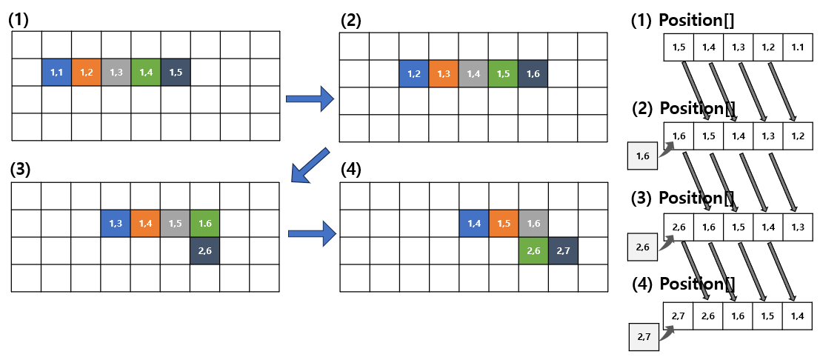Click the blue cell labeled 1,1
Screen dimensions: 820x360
coord(56,73)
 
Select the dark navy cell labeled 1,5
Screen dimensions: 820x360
coord(176,73)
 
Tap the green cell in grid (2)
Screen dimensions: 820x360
coord(504,74)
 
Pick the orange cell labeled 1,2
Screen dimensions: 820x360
coord(86,73)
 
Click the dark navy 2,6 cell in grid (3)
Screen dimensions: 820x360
coord(205,250)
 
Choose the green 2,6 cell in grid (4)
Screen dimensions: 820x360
coord(533,250)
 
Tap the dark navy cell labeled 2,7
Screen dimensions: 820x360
coord(563,250)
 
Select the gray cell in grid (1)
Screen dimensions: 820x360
coord(116,73)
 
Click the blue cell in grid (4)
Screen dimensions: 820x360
coord(474,224)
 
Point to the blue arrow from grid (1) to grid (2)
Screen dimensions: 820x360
coord(310,99)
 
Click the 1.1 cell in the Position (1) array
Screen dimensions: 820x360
coord(798,47)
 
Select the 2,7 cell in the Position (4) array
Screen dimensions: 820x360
coord(679,316)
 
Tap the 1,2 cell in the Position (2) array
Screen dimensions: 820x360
coord(798,136)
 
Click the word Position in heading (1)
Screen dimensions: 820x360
coord(690,21)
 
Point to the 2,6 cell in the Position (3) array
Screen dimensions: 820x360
coord(679,227)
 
